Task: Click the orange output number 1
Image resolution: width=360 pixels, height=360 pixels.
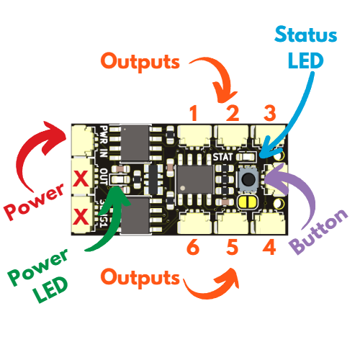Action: (x=194, y=113)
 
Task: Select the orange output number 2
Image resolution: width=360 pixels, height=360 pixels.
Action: (x=233, y=113)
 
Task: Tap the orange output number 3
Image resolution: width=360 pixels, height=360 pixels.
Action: (x=270, y=113)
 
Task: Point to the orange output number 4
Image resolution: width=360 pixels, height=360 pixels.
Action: (x=269, y=247)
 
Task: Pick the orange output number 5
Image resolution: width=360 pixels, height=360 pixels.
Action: (x=232, y=247)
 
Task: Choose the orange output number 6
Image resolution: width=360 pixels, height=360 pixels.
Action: (x=193, y=247)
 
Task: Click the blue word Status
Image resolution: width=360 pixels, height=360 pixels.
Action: (x=306, y=35)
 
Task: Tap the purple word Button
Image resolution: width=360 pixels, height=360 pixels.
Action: (x=319, y=232)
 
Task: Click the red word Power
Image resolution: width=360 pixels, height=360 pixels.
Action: (x=35, y=202)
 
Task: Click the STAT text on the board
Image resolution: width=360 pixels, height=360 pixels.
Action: (x=222, y=157)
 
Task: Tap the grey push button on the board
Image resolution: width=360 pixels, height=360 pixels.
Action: (x=248, y=179)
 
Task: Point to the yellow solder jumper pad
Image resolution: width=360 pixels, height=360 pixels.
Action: (x=247, y=202)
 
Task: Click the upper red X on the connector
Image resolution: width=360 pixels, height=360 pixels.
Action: (x=81, y=178)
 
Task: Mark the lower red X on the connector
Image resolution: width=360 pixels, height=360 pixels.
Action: (x=81, y=216)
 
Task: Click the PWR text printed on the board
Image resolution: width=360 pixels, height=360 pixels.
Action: (x=104, y=135)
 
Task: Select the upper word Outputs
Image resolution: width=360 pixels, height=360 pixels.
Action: (x=140, y=62)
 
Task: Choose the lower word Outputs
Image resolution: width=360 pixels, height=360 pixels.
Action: (x=140, y=278)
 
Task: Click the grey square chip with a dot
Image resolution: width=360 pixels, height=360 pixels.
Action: (x=195, y=179)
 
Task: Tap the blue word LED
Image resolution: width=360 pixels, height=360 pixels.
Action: (x=306, y=60)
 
